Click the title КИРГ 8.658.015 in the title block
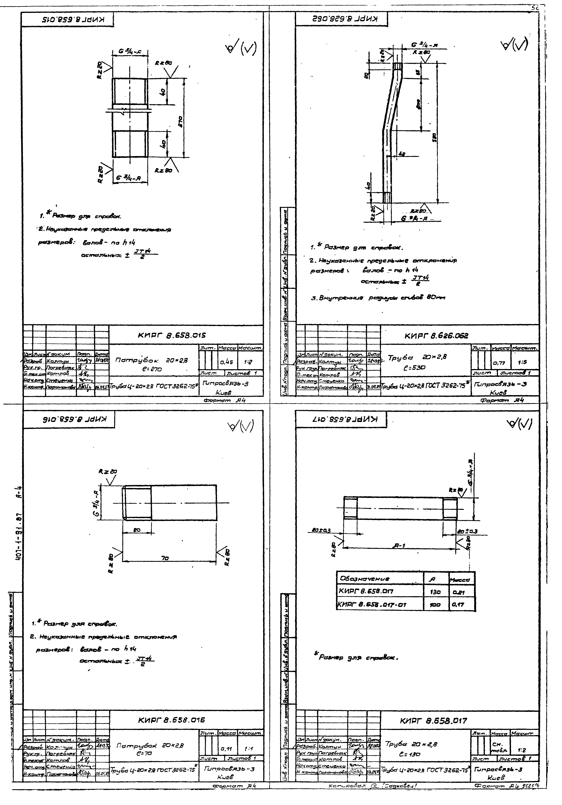point(172,335)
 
